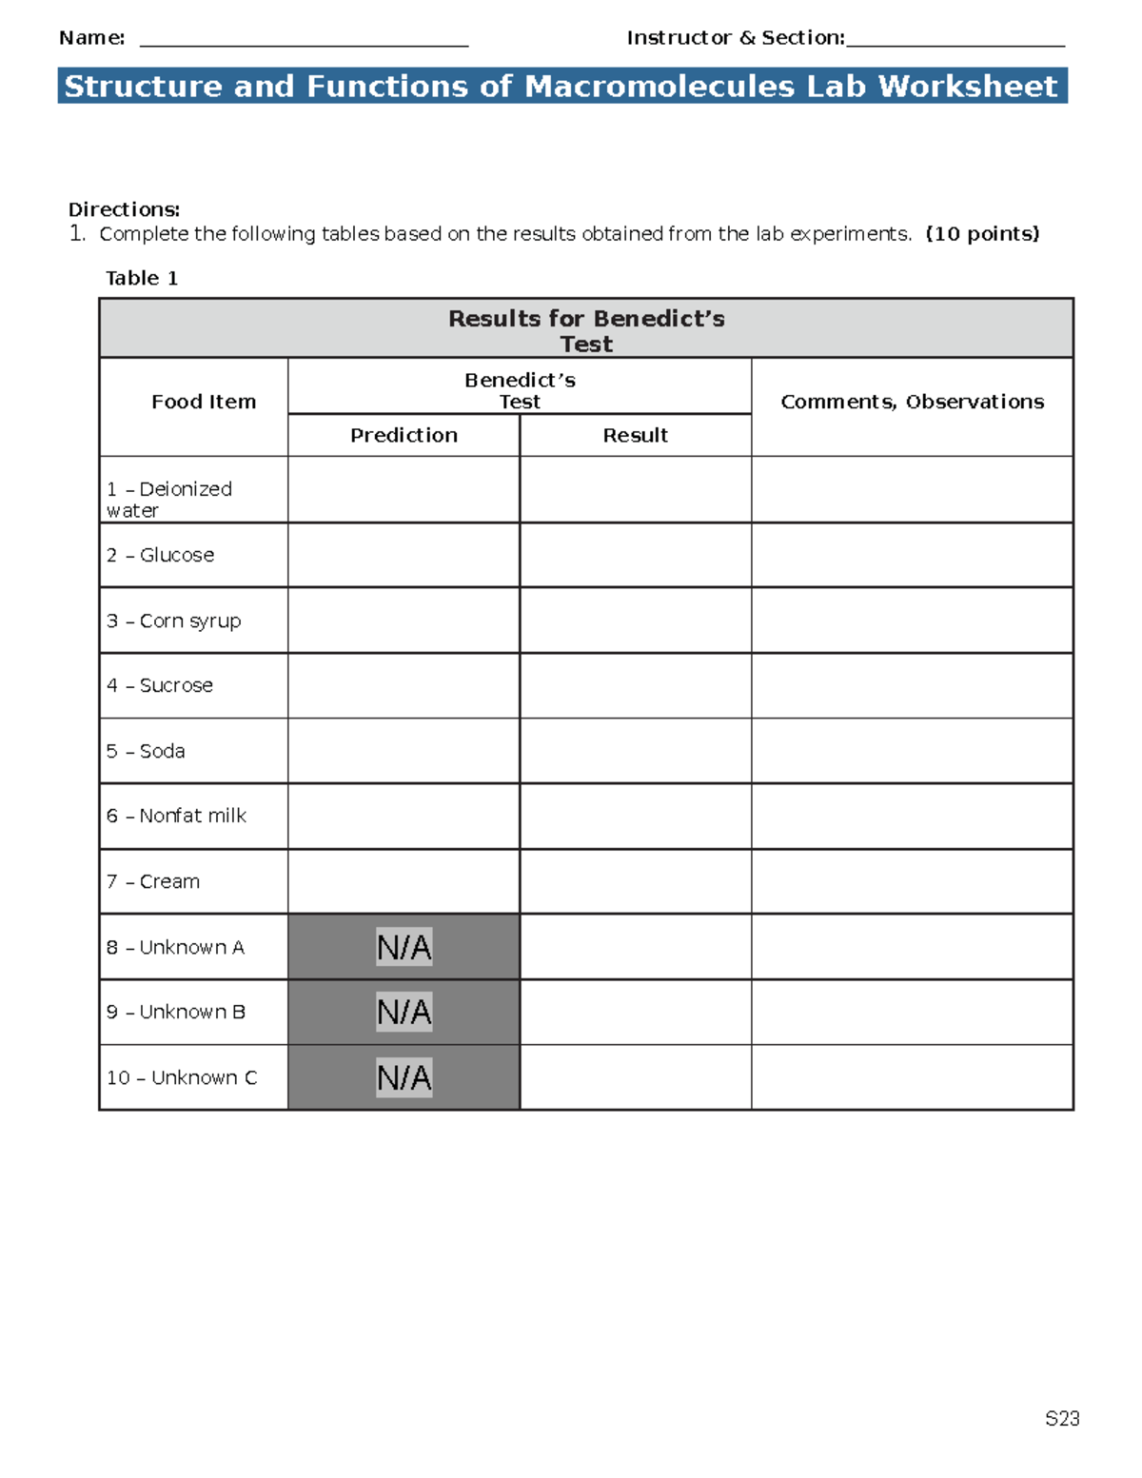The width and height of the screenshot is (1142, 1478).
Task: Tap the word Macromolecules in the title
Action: [660, 87]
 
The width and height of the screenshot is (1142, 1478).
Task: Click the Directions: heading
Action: [124, 209]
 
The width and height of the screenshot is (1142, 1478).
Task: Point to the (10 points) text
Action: [982, 234]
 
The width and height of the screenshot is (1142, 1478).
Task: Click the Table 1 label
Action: [142, 278]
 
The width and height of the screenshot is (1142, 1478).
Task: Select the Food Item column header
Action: [204, 402]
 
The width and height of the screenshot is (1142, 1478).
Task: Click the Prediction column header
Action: [404, 435]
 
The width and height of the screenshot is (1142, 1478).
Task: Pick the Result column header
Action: [635, 435]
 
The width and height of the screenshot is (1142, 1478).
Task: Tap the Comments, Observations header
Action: [912, 402]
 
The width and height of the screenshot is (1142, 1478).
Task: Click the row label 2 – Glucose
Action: [160, 555]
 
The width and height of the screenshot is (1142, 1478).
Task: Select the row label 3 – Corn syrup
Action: [173, 621]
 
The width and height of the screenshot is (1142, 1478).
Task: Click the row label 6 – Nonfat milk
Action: [176, 816]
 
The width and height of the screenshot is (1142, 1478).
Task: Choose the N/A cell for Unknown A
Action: [404, 947]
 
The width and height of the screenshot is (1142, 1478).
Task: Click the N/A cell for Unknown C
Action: [404, 1077]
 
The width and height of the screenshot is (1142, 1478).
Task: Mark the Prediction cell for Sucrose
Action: [404, 685]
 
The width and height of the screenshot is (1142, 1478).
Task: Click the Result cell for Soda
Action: [635, 751]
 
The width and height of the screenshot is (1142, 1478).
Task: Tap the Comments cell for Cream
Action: [912, 881]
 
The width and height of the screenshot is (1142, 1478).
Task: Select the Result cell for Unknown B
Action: [635, 1012]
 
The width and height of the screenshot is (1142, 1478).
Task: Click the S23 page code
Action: [1062, 1419]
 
